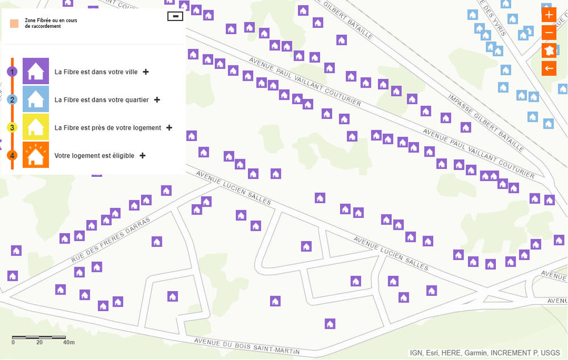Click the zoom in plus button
[549, 15]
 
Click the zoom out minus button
[549, 32]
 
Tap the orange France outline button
[549, 51]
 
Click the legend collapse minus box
[175, 16]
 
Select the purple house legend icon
[36, 72]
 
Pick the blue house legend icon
[36, 100]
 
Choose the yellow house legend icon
[36, 127]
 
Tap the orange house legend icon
[36, 155]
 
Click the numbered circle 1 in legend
[12, 72]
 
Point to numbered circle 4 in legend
[12, 155]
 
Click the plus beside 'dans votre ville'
[146, 72]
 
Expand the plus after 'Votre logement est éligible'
[142, 155]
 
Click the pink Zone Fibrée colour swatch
[14, 23]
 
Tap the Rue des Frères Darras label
[111, 239]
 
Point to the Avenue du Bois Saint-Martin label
[246, 346]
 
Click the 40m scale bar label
[69, 342]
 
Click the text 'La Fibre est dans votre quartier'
[101, 100]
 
